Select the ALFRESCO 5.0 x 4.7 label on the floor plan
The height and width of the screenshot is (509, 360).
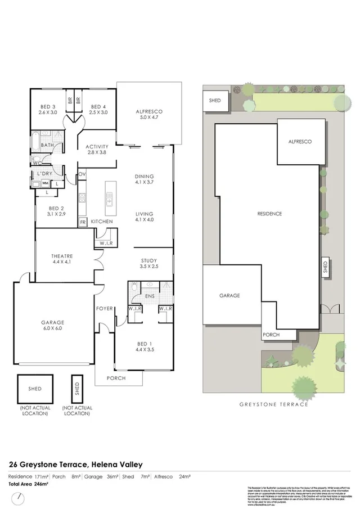(x=148, y=115)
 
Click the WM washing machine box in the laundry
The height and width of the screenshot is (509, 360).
(x=44, y=182)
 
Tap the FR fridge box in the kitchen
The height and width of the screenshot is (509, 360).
(x=82, y=222)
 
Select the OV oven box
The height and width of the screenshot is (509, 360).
(x=82, y=174)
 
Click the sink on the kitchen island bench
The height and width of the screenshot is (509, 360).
(x=109, y=197)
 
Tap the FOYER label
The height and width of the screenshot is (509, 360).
(x=104, y=308)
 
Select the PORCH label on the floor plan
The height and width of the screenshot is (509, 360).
(x=118, y=378)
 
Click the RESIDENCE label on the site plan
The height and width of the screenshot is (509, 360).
(x=269, y=214)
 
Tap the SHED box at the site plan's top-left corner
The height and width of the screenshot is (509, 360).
(x=214, y=101)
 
